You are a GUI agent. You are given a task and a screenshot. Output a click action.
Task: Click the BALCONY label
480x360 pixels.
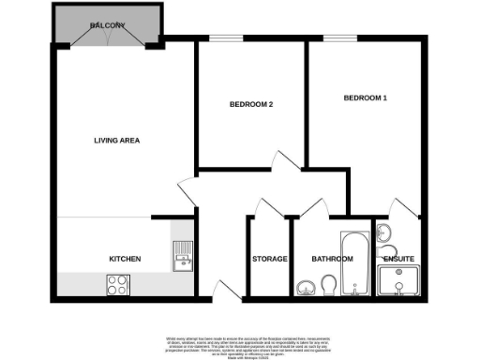pyautogui.click(x=108, y=26)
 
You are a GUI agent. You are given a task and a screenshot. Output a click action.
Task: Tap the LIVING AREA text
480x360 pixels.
pyautogui.click(x=116, y=142)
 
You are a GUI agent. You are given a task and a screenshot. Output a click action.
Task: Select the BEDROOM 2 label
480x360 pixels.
pyautogui.click(x=251, y=104)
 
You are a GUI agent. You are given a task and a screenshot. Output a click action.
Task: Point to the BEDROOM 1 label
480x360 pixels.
pyautogui.click(x=365, y=97)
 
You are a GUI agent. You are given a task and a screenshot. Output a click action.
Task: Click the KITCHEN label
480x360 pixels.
pyautogui.click(x=125, y=258)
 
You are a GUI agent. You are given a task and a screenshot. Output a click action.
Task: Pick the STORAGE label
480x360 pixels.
pyautogui.click(x=269, y=258)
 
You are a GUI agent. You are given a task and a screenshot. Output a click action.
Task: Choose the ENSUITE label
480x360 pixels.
pyautogui.click(x=398, y=258)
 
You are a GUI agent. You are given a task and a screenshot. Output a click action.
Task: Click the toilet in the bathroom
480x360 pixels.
pyautogui.click(x=328, y=283)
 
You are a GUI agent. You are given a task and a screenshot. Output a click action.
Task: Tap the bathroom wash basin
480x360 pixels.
pyautogui.click(x=306, y=287)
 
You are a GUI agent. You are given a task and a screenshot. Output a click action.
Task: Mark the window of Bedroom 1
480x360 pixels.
pyautogui.click(x=336, y=38)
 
